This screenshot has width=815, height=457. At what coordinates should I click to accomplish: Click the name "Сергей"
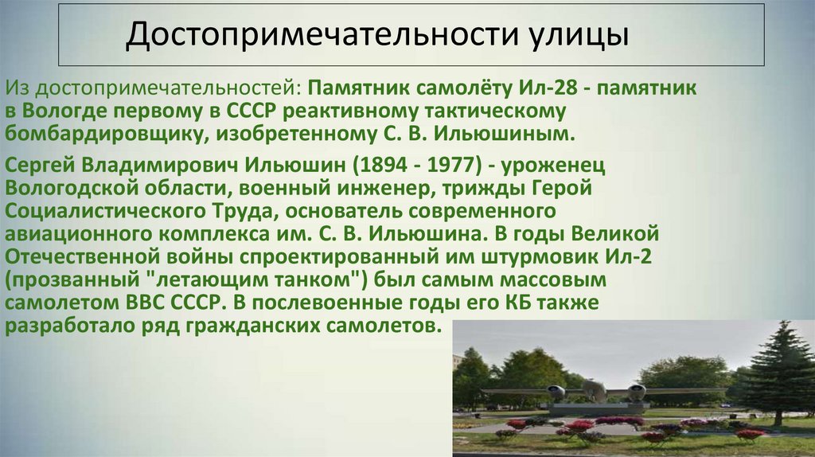40,166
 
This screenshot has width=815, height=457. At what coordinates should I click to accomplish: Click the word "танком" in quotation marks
302,280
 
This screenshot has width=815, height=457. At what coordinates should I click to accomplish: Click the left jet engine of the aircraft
556,391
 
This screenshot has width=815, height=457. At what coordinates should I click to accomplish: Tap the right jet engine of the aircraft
636,391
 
